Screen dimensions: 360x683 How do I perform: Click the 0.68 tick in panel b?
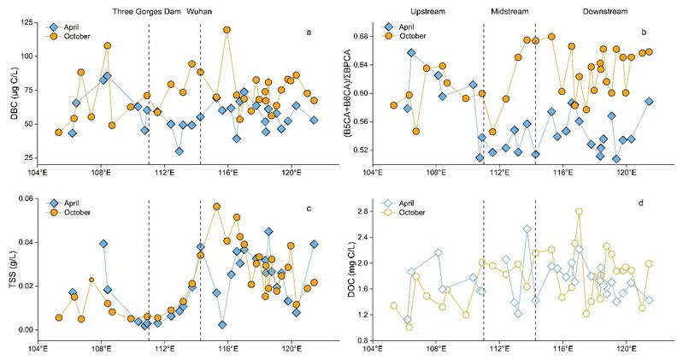coord(356,37)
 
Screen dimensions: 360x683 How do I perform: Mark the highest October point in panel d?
coord(579,211)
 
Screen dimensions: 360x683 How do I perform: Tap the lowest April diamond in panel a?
coord(179,151)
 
